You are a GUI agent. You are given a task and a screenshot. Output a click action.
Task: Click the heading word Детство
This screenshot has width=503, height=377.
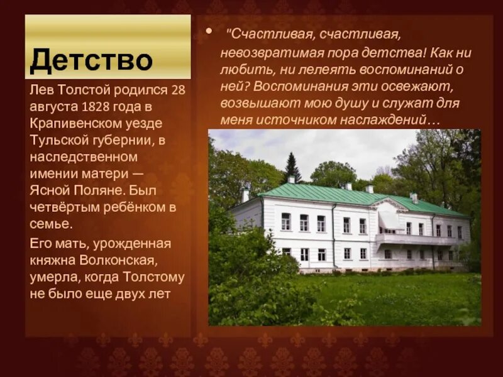coord(91,61)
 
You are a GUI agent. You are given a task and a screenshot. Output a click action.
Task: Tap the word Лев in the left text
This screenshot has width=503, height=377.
coord(40,90)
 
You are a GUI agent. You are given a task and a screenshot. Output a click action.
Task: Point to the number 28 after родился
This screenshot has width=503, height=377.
coord(179,90)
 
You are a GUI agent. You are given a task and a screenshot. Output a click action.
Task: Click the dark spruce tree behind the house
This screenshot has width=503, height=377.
coord(292,168)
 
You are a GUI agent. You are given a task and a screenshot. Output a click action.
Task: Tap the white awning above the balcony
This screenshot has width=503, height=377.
coord(390,220)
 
